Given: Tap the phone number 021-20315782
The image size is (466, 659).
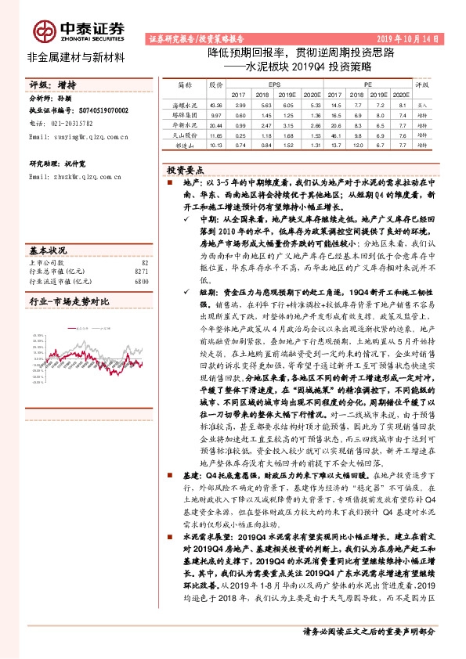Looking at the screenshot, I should pos(74,123).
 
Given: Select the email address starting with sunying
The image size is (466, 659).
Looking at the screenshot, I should pos(78,136).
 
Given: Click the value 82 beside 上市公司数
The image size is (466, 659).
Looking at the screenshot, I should pos(144,262).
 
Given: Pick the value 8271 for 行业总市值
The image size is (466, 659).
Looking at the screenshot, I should pos(141,271).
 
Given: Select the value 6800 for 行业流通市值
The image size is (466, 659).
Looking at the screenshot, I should pos(141,280).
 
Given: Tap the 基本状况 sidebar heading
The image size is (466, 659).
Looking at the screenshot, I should pos(48,250).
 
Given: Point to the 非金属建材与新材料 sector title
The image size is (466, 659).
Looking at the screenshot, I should pos(76,57).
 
